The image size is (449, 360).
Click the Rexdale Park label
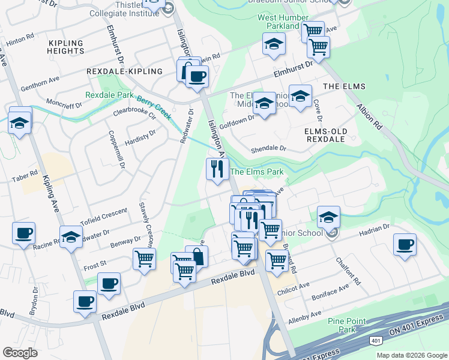[109, 95]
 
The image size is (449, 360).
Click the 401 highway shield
[376, 341]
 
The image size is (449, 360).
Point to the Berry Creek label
[154, 107]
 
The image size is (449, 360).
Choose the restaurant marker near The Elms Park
[217, 169]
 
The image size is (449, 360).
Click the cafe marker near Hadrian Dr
[405, 245]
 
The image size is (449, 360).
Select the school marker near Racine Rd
[71, 237]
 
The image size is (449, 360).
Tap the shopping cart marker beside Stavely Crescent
[145, 260]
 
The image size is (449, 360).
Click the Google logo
[20, 353]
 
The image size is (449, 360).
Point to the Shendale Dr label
[270, 148]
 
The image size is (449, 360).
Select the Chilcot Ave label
[300, 284]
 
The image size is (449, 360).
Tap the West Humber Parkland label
[278, 22]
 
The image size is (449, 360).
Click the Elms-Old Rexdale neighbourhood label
[325, 135]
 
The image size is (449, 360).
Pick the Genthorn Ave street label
[40, 82]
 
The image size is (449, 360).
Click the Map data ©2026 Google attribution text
[411, 355]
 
